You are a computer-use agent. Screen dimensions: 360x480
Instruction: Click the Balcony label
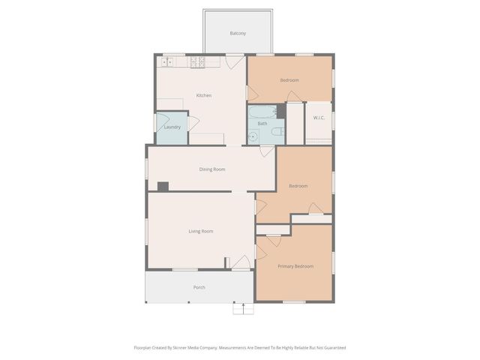tap(237, 34)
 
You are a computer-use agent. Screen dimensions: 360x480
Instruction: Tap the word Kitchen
tap(203, 95)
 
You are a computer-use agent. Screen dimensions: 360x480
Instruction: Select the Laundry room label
tap(172, 127)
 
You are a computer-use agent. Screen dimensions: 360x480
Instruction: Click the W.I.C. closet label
tap(318, 117)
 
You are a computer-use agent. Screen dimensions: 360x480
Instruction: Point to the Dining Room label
tap(212, 169)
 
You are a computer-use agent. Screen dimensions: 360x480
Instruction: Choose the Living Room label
tap(200, 231)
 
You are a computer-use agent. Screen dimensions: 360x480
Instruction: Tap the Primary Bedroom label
tap(295, 266)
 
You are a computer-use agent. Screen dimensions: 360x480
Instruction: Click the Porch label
tap(199, 287)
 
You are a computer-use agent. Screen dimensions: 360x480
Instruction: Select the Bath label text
tap(262, 123)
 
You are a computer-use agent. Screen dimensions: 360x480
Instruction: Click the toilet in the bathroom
tap(277, 132)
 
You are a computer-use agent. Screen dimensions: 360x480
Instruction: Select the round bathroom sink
tap(253, 136)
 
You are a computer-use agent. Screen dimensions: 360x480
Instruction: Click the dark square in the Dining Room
tap(163, 186)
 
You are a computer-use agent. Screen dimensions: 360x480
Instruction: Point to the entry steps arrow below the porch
tap(241, 307)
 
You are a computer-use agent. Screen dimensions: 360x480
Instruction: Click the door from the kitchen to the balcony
tap(235, 62)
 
